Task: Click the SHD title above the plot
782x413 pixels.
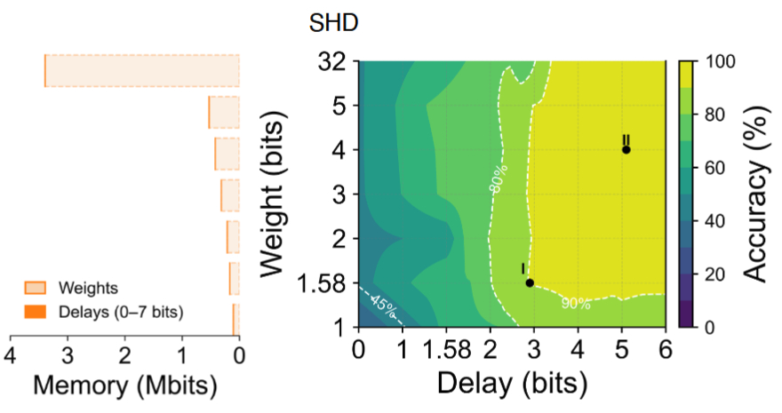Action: (333, 24)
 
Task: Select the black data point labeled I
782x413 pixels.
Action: (530, 283)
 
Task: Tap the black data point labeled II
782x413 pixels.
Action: (626, 149)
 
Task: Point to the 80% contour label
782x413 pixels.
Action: (499, 178)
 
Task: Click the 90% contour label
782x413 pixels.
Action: (576, 303)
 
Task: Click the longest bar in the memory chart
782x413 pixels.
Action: (142, 71)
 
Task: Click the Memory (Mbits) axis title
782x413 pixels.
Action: (125, 386)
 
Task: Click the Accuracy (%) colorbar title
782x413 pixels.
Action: (755, 194)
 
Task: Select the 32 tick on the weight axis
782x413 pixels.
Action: (336, 62)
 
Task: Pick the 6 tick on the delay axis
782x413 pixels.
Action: (664, 348)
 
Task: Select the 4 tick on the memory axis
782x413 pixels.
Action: (11, 355)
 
